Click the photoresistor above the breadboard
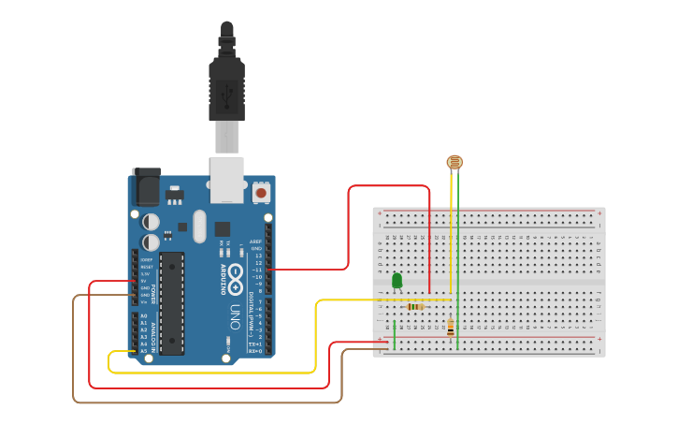tap(454, 162)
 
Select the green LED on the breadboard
tap(397, 280)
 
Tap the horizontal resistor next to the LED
tap(415, 306)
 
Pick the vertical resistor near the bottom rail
tap(451, 328)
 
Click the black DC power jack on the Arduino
tap(145, 186)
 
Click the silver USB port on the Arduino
tap(226, 180)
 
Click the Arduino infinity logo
tap(236, 277)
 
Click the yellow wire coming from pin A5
tap(215, 373)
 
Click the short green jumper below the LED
tap(395, 334)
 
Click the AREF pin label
tap(255, 241)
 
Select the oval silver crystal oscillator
tap(198, 226)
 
